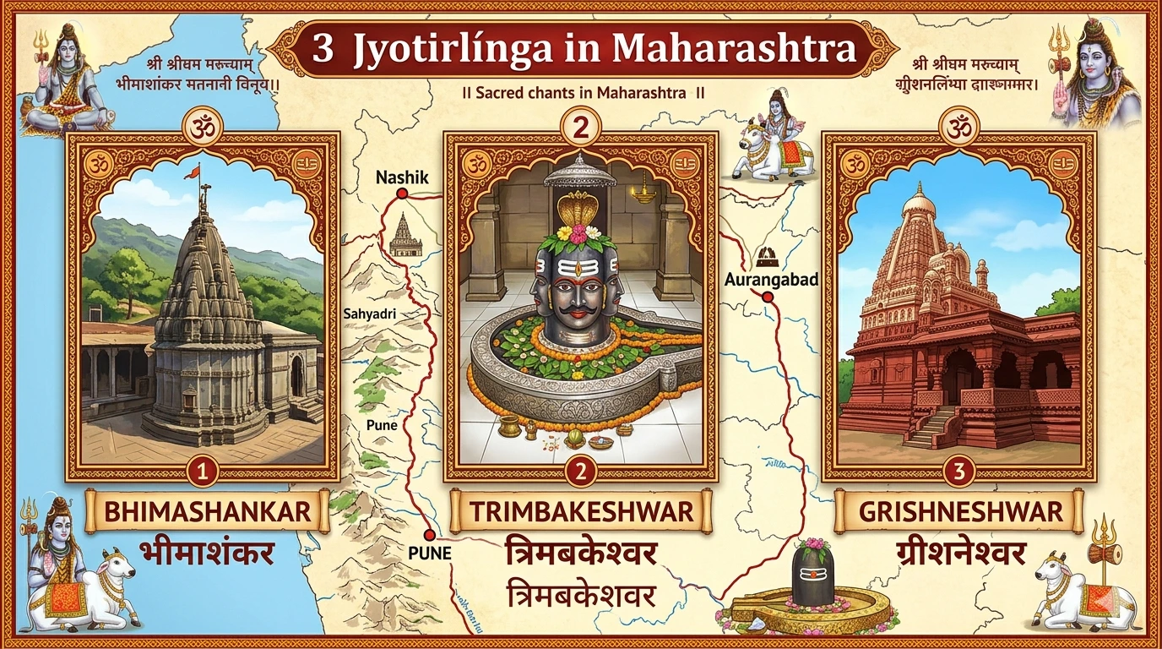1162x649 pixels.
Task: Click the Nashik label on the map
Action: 403,177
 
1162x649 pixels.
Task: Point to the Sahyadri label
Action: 370,314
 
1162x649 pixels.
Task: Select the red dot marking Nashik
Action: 402,194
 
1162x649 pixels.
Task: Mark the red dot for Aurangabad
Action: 768,297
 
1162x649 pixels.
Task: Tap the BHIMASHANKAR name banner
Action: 206,511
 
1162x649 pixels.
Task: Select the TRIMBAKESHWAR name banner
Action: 581,511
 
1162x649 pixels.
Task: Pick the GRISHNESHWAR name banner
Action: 959,511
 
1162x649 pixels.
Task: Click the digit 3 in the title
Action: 322,48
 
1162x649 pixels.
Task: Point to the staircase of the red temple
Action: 936,426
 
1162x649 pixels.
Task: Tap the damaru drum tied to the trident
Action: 1107,554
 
